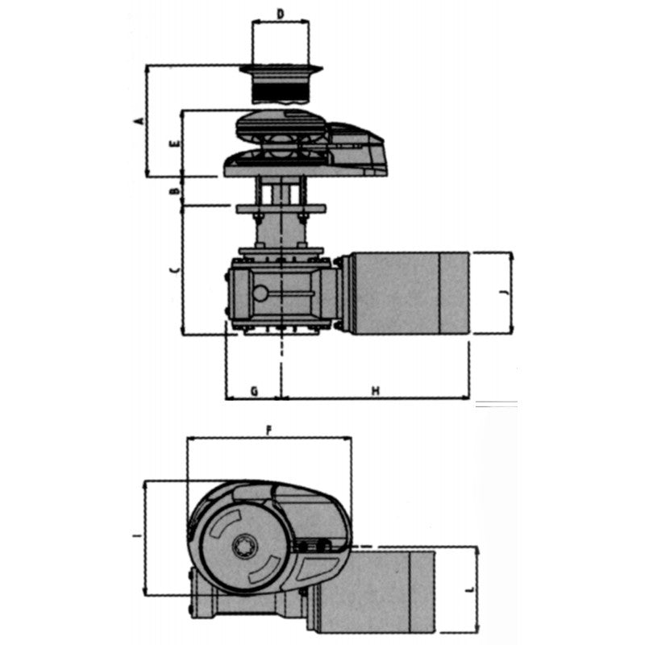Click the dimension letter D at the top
280,14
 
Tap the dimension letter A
139,121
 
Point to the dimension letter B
173,191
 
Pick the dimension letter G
253,391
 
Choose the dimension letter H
375,391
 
